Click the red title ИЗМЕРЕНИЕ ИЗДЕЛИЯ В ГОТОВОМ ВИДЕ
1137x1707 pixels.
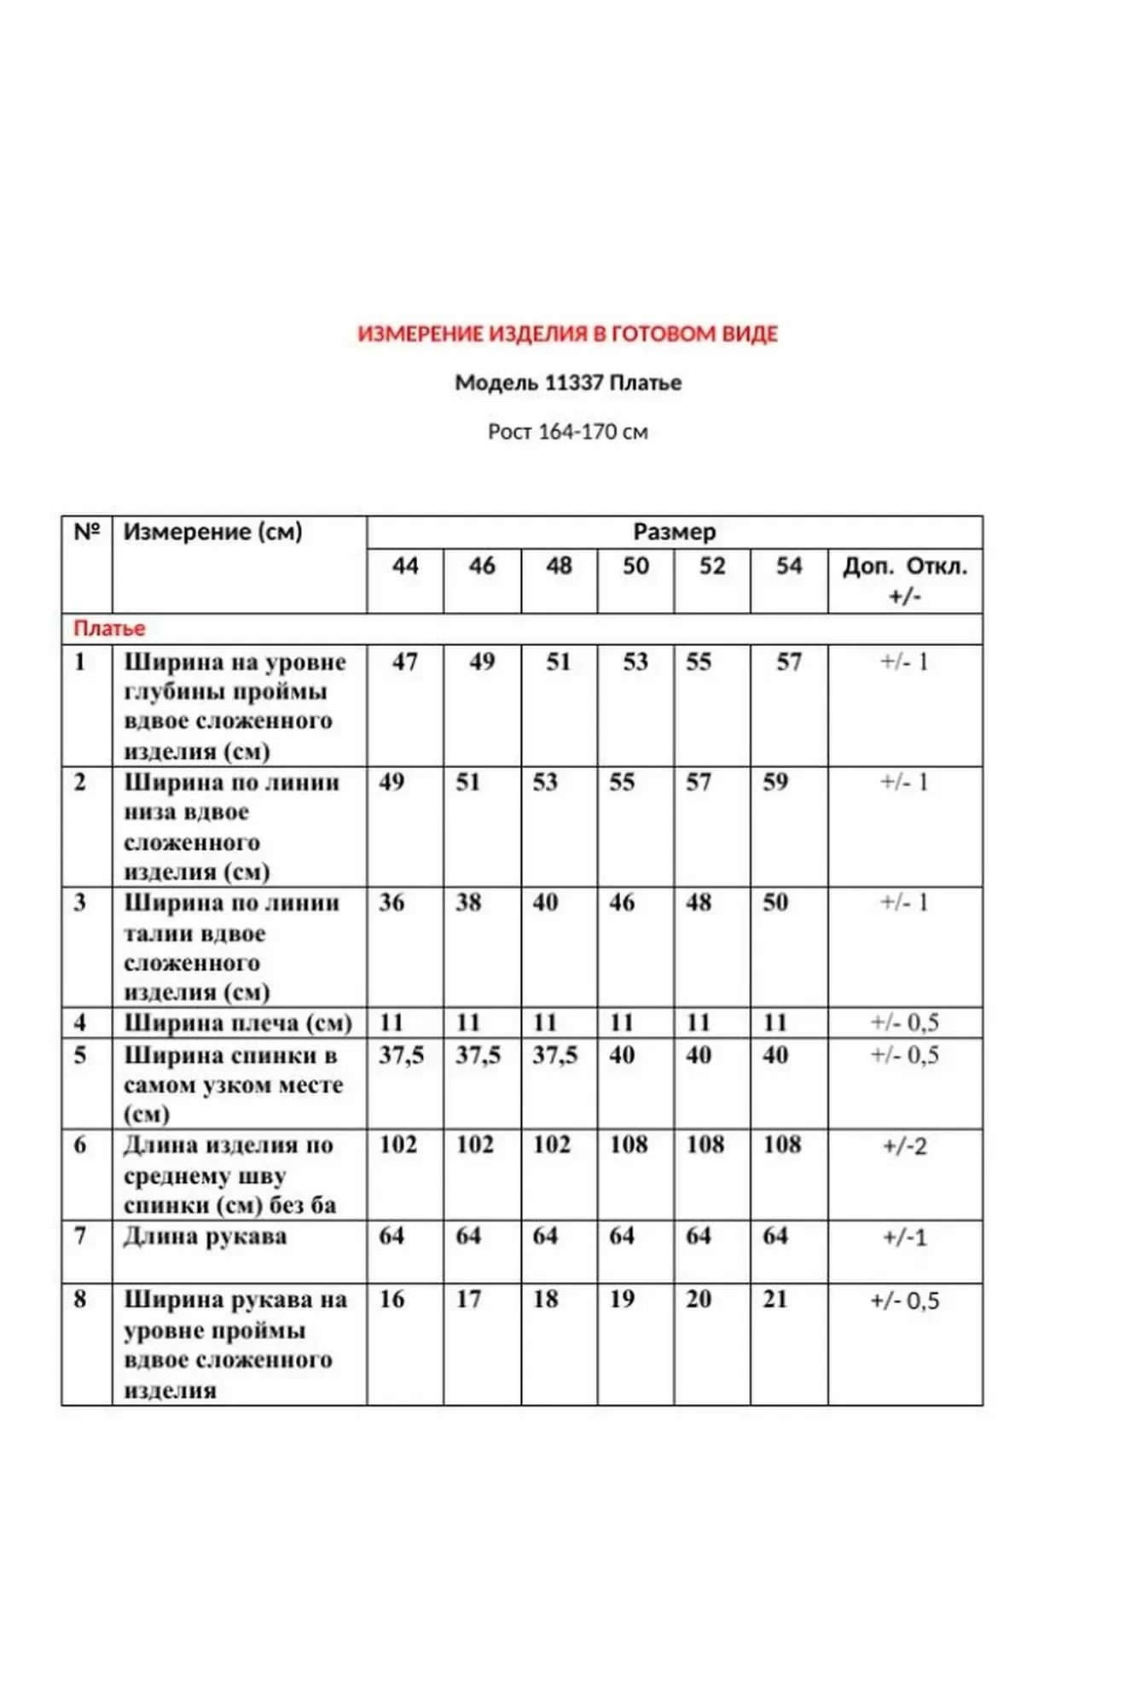pos(567,334)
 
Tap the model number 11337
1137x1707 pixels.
pos(573,382)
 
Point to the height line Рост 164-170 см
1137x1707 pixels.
pos(567,432)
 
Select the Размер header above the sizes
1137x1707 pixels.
pos(674,532)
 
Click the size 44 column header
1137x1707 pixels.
pos(405,566)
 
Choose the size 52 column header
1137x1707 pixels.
pos(712,566)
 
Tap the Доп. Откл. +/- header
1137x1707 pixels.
pos(905,580)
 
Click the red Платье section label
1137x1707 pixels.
pos(109,629)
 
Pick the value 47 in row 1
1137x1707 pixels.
pos(405,661)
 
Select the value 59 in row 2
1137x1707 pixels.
pos(775,782)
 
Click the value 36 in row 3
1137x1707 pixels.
pos(392,902)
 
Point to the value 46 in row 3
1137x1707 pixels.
pos(622,902)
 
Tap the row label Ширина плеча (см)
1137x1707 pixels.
pos(237,1022)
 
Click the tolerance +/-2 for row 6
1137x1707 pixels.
pos(905,1146)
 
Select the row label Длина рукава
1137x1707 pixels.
pos(205,1236)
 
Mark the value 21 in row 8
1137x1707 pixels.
pos(775,1299)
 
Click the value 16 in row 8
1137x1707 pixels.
pos(392,1299)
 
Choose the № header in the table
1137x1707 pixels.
pos(87,532)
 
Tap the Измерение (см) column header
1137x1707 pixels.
pos(212,532)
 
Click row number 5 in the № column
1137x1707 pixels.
pos(80,1055)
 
